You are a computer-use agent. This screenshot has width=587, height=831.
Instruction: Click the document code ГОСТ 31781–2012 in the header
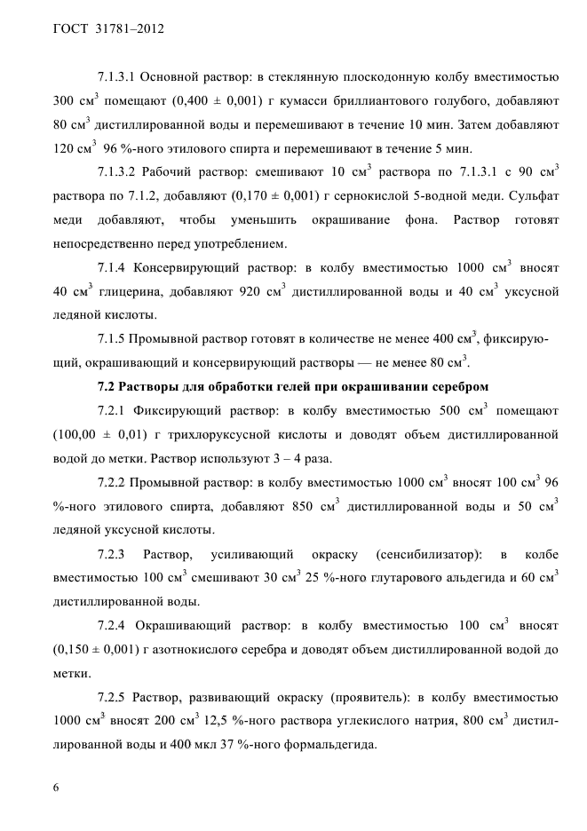click(104, 28)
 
